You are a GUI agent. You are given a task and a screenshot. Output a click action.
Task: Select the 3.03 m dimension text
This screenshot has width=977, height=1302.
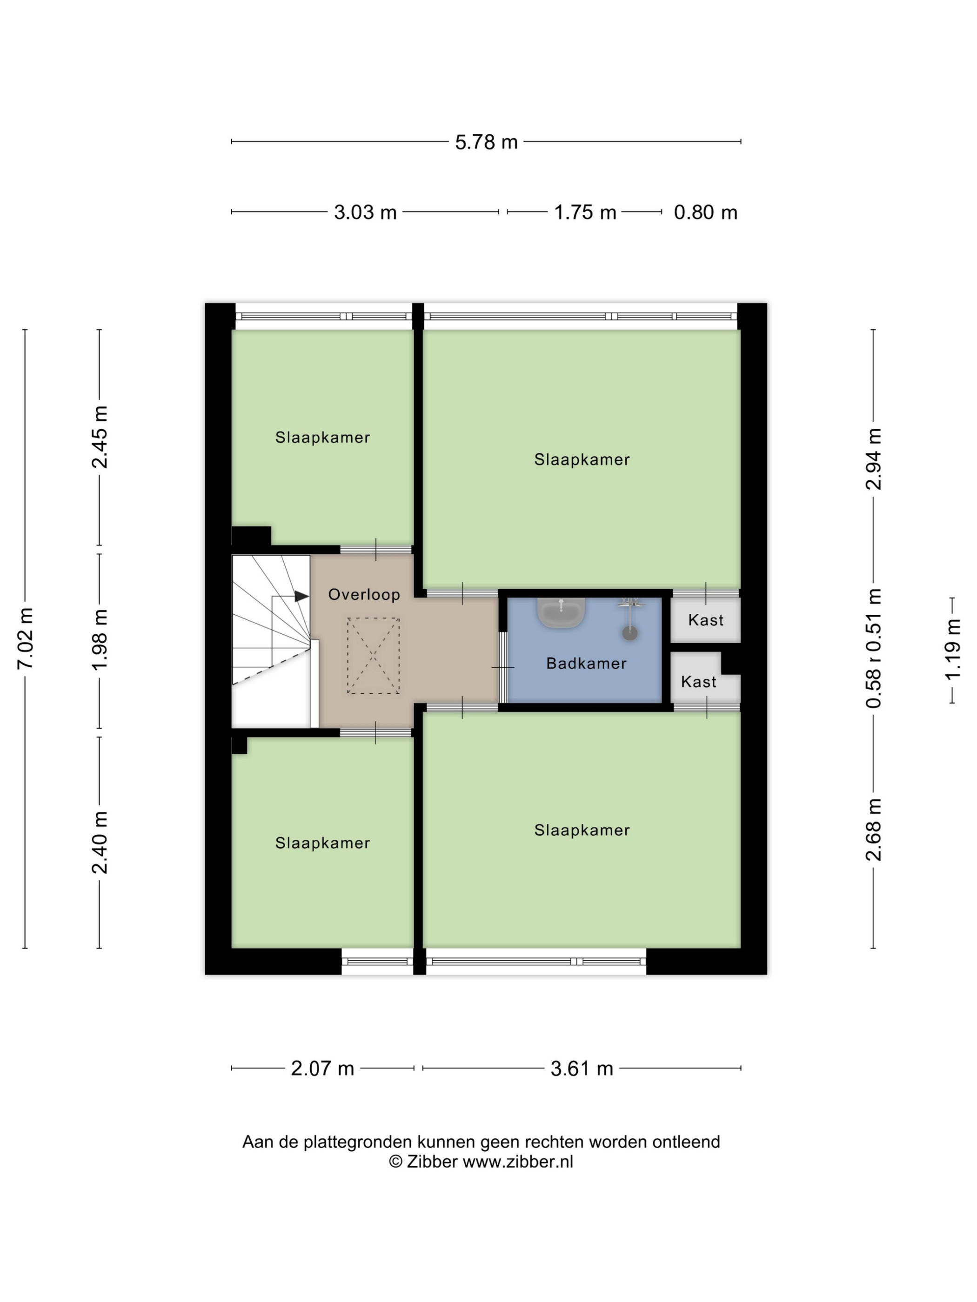(x=365, y=212)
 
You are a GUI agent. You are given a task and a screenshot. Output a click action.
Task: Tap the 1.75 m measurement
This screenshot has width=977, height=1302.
(x=585, y=212)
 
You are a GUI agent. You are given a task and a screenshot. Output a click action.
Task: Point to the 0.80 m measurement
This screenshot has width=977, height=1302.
(x=705, y=212)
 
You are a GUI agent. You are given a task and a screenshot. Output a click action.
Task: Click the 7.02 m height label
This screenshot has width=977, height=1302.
(x=25, y=638)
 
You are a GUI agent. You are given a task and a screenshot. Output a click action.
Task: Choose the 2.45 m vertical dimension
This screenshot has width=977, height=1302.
(x=100, y=437)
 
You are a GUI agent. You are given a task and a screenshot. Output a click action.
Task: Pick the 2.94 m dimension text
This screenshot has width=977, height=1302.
(x=873, y=458)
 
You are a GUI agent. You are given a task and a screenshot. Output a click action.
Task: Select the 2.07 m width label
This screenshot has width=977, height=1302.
(x=322, y=1068)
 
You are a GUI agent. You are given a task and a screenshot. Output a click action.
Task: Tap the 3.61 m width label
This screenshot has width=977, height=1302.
(x=582, y=1068)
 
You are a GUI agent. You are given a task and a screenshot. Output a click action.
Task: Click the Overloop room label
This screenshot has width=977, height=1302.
(x=364, y=594)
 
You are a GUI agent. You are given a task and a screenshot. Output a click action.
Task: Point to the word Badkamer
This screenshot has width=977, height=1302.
(x=586, y=664)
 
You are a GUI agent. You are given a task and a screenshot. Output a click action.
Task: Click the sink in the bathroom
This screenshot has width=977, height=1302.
(x=561, y=612)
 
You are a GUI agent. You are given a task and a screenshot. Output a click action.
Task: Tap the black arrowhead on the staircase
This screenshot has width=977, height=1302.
(x=301, y=596)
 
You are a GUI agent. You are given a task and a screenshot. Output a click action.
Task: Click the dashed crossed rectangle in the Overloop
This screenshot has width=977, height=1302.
(x=374, y=656)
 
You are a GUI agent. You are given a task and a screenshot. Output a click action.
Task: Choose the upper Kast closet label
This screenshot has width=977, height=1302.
(x=705, y=620)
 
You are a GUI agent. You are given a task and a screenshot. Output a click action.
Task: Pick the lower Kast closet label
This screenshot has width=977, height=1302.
(x=698, y=682)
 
